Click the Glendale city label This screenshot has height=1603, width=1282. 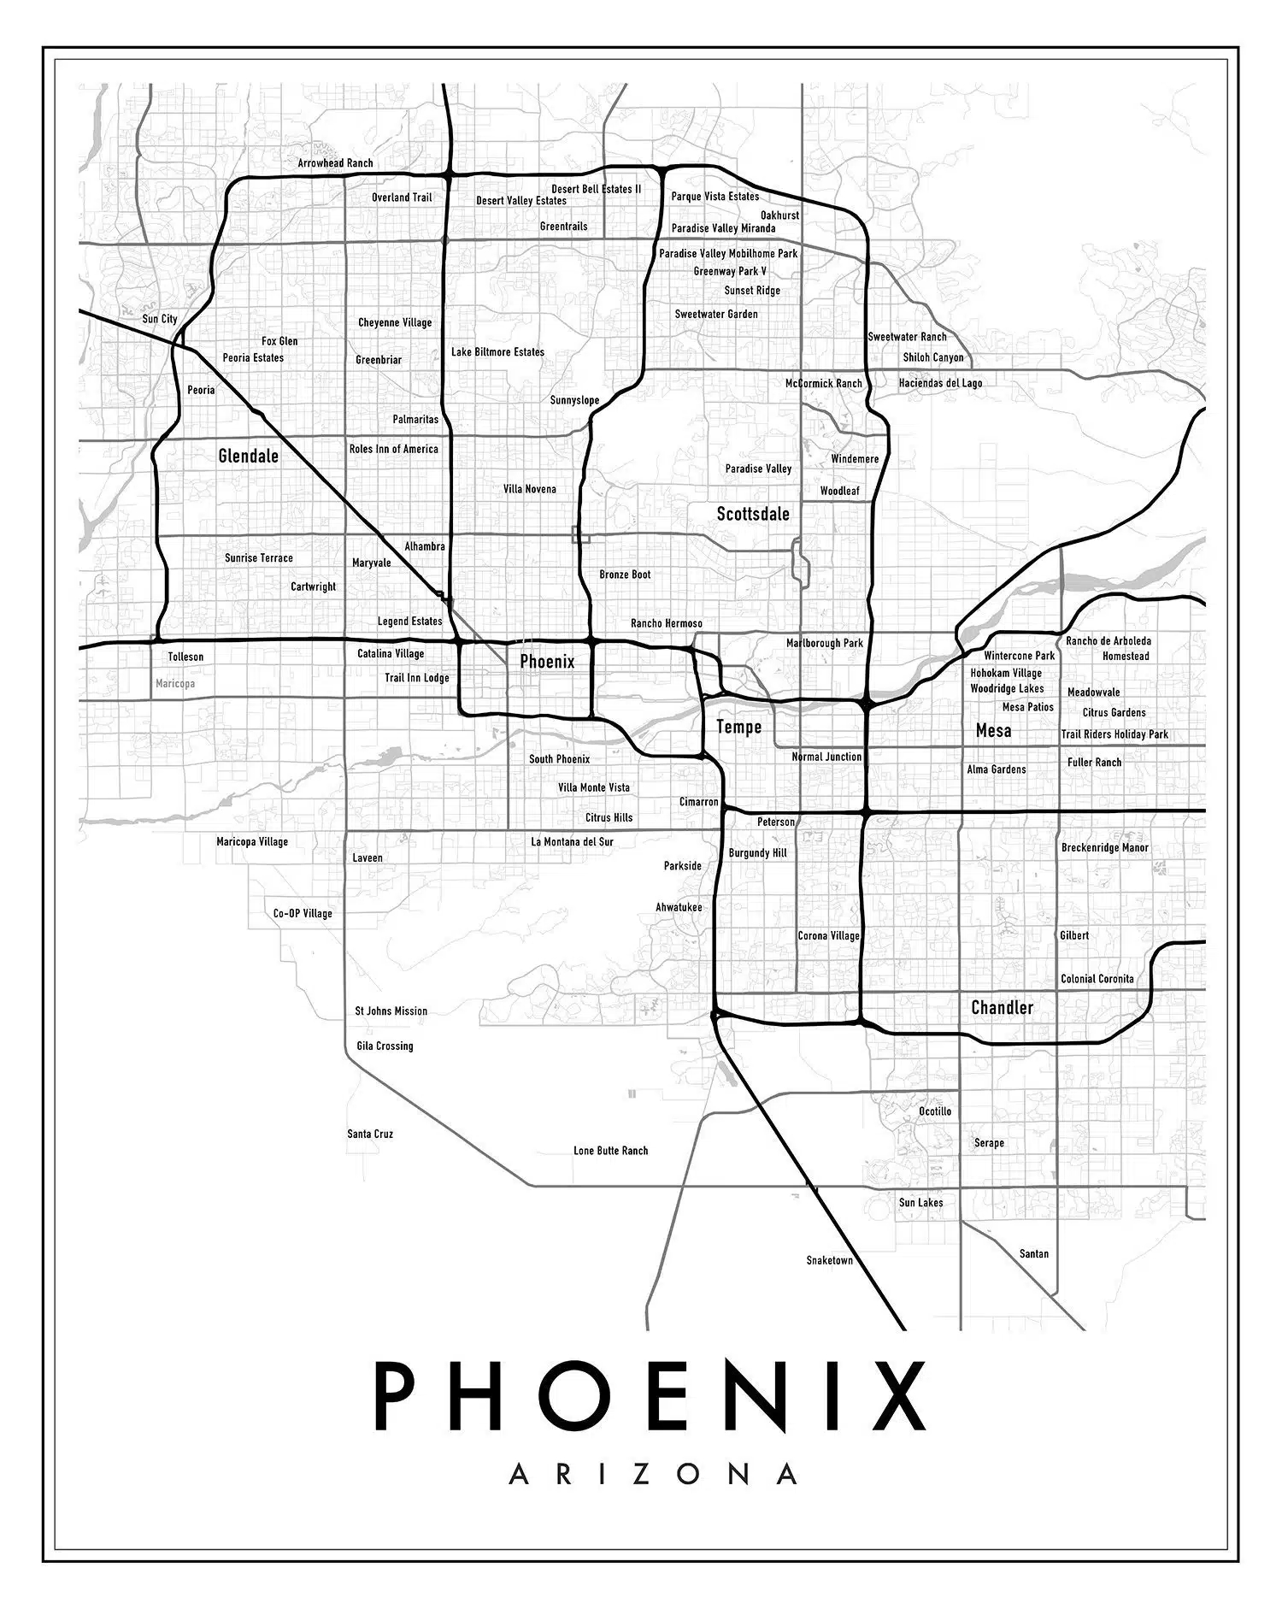pos(248,456)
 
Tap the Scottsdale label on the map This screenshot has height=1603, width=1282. pos(752,514)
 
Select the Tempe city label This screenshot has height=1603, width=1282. pos(738,727)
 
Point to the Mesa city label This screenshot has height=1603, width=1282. pos(993,730)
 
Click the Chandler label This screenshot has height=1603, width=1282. pos(1002,1007)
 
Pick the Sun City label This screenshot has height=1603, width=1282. pos(160,319)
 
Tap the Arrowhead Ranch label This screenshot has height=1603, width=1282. pos(335,162)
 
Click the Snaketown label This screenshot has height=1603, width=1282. pos(829,1260)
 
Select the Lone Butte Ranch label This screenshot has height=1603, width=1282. pos(610,1151)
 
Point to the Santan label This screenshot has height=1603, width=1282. pos(1033,1254)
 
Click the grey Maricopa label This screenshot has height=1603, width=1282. pos(175,684)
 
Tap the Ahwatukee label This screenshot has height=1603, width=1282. pos(679,907)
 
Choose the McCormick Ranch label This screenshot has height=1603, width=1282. pos(823,383)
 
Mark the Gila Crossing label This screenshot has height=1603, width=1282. pos(385,1046)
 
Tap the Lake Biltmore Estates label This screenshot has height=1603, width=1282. pos(497,352)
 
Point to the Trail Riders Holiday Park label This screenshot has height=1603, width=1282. pos(1114,734)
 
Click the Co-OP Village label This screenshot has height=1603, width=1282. pos(303,913)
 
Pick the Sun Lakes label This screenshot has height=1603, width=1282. pos(920,1203)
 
